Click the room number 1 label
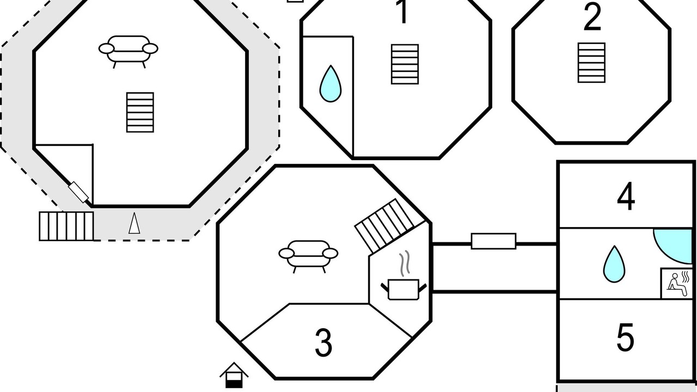coord(403,11)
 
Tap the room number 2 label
coord(592,16)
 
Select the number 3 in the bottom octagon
coord(323,342)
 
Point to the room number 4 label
coord(626,197)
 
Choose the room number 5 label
coord(625,337)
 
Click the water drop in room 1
coord(331,83)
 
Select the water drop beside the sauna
coord(614,264)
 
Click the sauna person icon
coord(677,284)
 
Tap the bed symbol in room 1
coord(405,64)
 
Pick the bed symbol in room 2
coord(591,63)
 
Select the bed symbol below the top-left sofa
coord(140,112)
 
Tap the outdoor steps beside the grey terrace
coord(66,226)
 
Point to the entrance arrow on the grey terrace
coord(134,223)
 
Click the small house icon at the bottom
coord(234,375)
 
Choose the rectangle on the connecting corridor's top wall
coord(493,241)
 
